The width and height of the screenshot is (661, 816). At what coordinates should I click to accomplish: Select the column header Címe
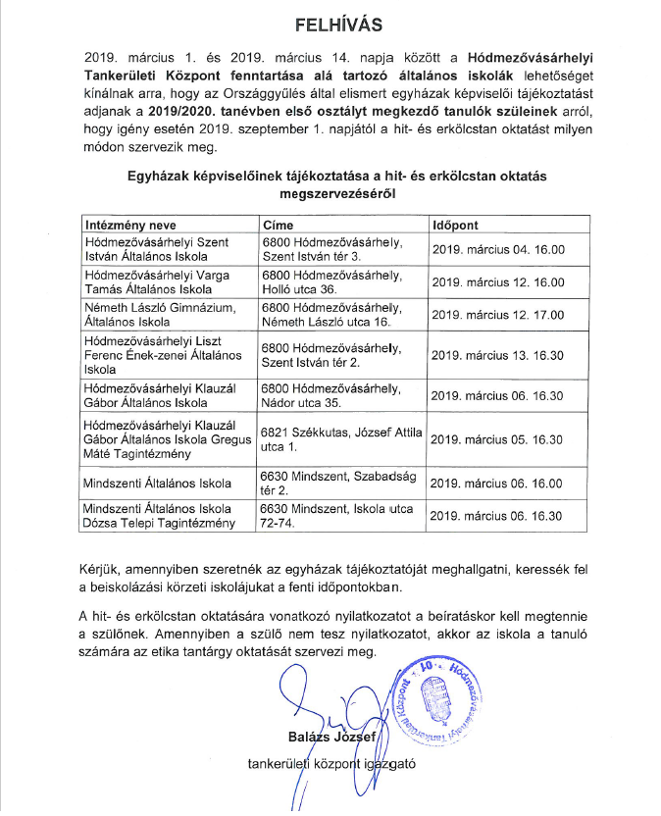click(280, 224)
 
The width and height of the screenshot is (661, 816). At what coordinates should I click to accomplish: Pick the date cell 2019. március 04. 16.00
click(498, 249)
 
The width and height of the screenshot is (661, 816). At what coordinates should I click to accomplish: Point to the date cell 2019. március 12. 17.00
click(498, 315)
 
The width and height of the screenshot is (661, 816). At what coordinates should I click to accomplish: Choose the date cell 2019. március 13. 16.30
click(498, 355)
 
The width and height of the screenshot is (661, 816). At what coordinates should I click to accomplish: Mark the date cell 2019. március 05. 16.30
click(498, 439)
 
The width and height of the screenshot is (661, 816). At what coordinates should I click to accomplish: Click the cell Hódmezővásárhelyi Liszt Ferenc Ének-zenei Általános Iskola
click(163, 355)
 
